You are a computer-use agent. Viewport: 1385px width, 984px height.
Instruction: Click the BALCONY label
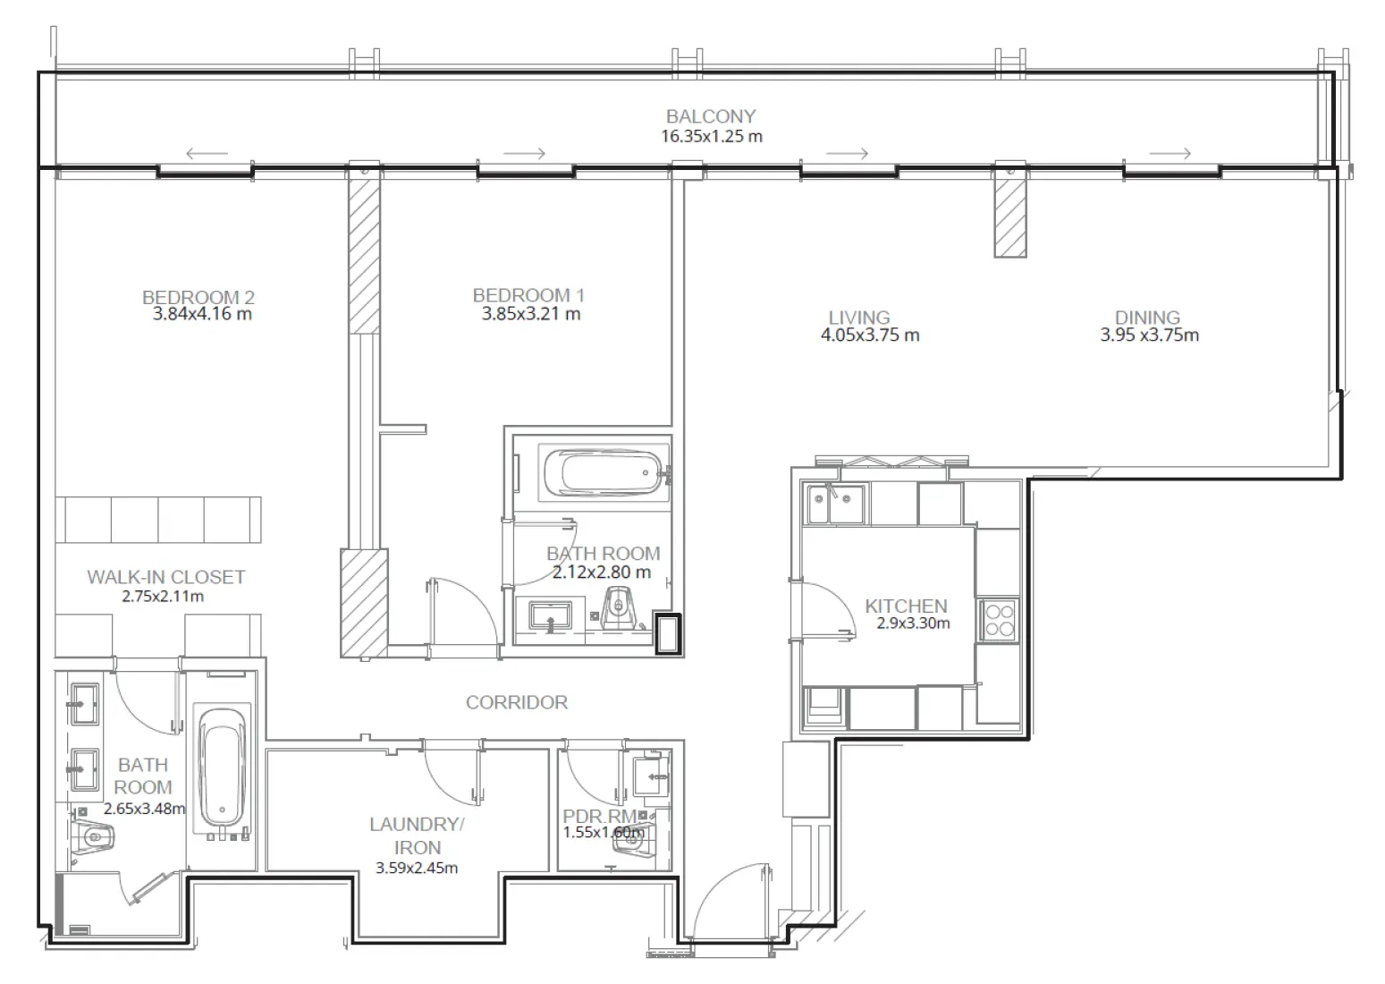(710, 116)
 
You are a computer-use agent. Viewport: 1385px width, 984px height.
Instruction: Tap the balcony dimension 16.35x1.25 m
(711, 137)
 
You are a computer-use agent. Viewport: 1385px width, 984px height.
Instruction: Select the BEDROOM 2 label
(198, 297)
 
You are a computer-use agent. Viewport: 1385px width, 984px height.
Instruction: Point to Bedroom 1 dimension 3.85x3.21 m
(530, 314)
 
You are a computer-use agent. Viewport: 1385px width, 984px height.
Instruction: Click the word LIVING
(858, 318)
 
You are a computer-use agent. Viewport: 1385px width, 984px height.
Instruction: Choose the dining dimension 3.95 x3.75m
(1149, 335)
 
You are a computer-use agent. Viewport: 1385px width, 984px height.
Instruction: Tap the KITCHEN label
(905, 606)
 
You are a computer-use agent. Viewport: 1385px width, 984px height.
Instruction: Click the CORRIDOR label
(516, 702)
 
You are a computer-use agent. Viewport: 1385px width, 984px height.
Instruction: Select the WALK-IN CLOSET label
(165, 577)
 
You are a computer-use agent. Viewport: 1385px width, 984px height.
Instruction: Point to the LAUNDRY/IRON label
(417, 836)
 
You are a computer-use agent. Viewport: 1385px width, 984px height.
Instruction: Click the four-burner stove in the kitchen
(998, 620)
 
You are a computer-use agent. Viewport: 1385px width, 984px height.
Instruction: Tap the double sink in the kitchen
(835, 505)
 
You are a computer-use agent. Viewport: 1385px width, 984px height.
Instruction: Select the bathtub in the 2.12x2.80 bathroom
(601, 471)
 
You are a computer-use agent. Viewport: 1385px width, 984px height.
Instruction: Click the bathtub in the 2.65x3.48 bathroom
(221, 767)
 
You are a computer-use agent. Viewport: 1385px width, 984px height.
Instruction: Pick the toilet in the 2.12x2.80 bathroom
(619, 611)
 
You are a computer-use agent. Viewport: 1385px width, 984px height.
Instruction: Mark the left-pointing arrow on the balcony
(207, 153)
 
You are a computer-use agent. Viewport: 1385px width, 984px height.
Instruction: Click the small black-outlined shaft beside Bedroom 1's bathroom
(667, 634)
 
